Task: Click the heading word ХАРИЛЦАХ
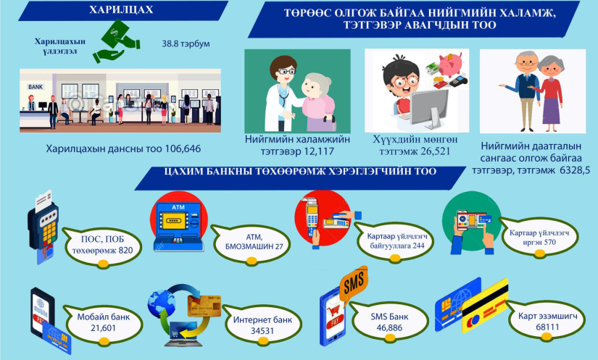(x=121, y=9)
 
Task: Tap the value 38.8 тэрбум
(x=186, y=43)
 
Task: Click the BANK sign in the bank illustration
(x=36, y=87)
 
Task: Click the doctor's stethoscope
(x=283, y=95)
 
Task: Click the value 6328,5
(x=575, y=170)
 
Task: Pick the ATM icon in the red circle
(x=178, y=226)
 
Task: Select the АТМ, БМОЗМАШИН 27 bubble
(x=252, y=244)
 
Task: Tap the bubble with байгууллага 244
(x=394, y=241)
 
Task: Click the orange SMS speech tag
(x=354, y=284)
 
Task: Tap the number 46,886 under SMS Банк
(x=389, y=328)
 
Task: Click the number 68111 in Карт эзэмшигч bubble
(x=547, y=327)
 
